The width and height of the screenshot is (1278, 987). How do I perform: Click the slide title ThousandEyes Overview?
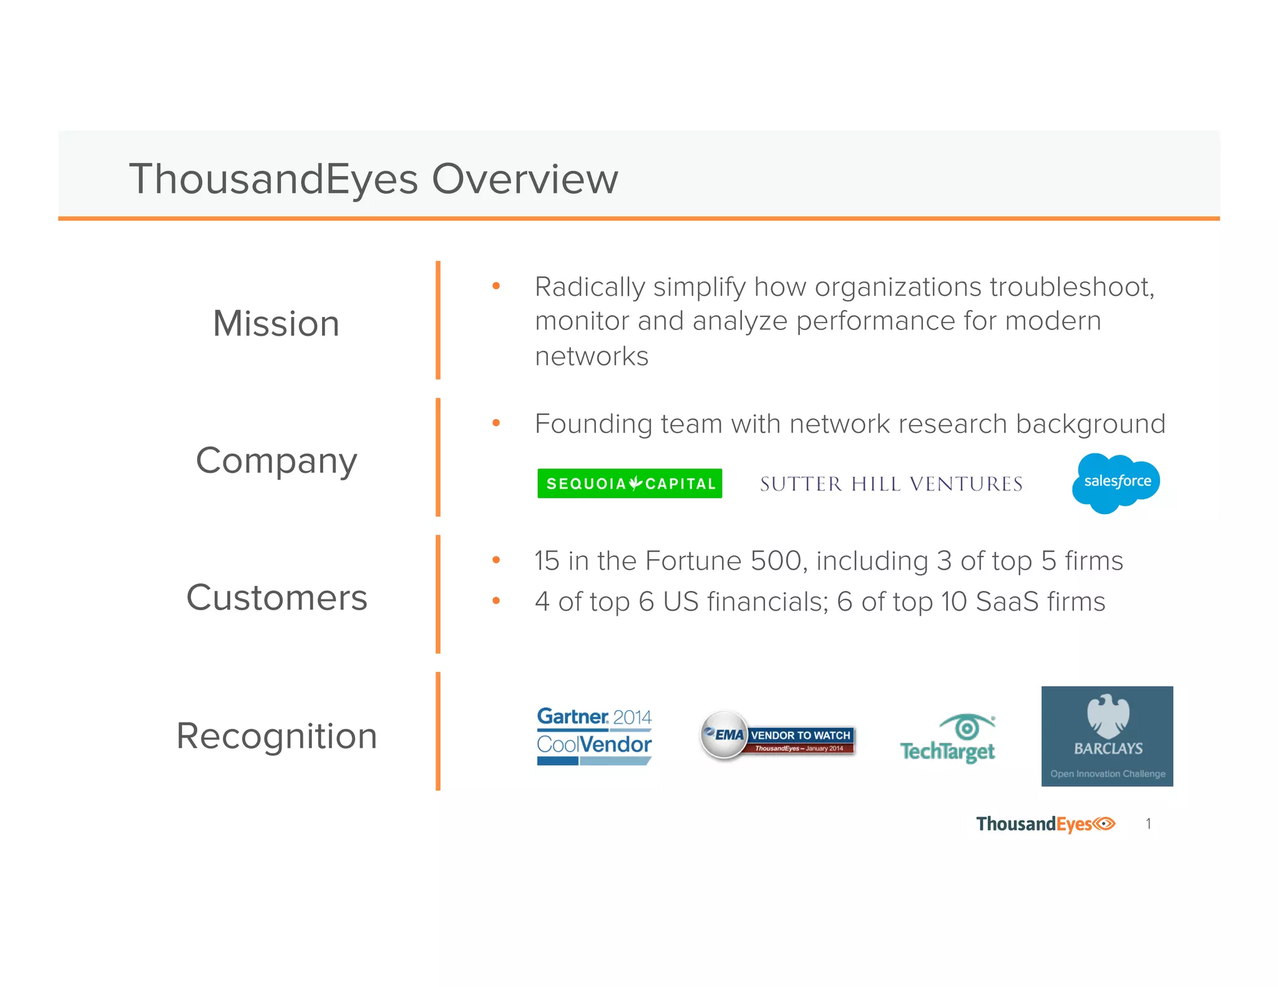[x=373, y=179]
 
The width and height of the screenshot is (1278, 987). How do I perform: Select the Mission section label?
[x=276, y=324]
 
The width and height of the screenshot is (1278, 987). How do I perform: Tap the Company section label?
[x=276, y=461]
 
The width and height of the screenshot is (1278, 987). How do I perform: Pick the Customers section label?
[x=276, y=598]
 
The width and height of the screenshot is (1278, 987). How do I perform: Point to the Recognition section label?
[x=276, y=736]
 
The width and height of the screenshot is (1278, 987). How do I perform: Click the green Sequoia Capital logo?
[x=630, y=484]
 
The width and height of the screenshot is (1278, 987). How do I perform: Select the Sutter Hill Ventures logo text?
[x=891, y=484]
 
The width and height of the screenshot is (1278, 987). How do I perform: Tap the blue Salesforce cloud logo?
[x=1116, y=482]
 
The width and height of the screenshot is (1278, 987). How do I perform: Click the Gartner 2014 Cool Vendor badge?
[x=594, y=736]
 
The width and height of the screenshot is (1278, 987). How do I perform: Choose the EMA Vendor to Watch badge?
[x=777, y=736]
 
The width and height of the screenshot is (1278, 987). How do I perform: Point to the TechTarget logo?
[x=948, y=740]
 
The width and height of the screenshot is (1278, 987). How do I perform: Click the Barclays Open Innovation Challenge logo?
[x=1107, y=736]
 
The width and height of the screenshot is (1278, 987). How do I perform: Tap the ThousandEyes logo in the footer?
[x=1045, y=824]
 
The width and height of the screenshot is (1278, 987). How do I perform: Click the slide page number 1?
[x=1148, y=824]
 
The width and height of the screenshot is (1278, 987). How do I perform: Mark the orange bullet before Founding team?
[x=496, y=423]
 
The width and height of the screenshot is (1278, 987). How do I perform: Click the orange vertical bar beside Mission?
[x=438, y=320]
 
